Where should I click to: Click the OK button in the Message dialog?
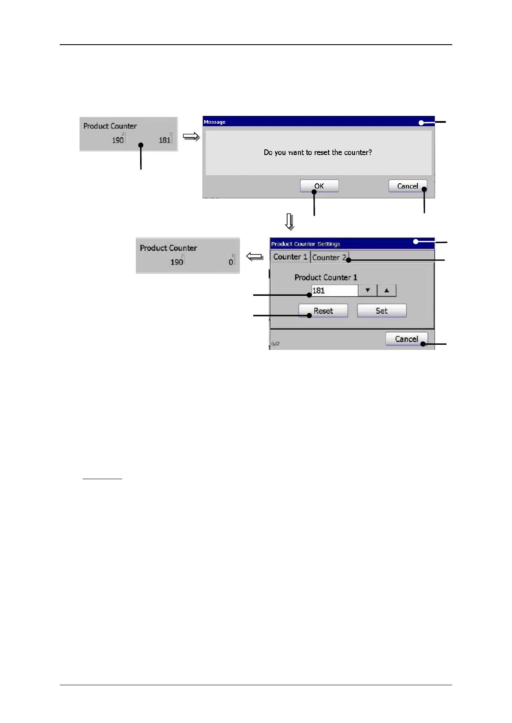click(319, 186)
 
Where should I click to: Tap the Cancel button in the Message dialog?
click(407, 186)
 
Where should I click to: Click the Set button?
click(381, 311)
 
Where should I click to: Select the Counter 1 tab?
click(290, 257)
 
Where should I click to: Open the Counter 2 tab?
click(329, 257)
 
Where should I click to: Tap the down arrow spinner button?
click(368, 291)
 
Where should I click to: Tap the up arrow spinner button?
click(387, 291)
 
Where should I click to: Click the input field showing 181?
click(334, 291)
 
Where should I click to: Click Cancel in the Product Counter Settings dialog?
click(406, 339)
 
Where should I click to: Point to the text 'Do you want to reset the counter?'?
click(318, 152)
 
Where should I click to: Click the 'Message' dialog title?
click(215, 122)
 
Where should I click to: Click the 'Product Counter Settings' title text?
click(305, 244)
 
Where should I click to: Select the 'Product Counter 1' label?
click(325, 277)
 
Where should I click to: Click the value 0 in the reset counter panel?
click(231, 262)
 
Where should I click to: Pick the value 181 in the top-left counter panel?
click(164, 140)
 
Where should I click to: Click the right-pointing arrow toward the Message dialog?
click(191, 137)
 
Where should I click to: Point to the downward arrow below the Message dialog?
click(290, 222)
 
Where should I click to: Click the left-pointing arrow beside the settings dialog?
click(254, 257)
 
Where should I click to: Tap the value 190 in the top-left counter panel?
click(117, 140)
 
